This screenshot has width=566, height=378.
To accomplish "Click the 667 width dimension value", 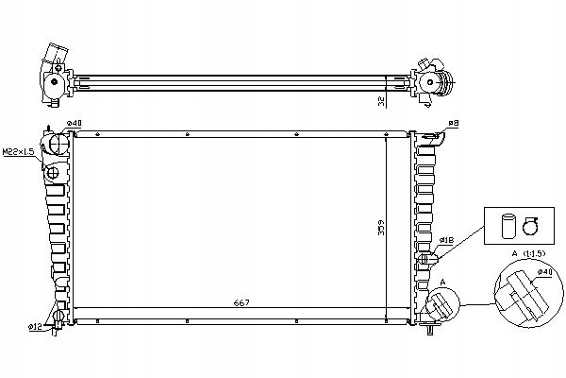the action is pyautogui.click(x=241, y=302).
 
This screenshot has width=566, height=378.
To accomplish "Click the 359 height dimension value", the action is pyautogui.click(x=381, y=228).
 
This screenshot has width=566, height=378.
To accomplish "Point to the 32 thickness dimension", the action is pyautogui.click(x=381, y=101).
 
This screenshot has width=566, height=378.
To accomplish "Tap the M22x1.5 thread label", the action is pyautogui.click(x=19, y=151).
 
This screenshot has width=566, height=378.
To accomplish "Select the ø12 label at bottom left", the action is pyautogui.click(x=35, y=327).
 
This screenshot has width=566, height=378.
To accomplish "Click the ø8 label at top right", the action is pyautogui.click(x=454, y=123).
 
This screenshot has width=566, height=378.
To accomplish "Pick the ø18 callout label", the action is pyautogui.click(x=446, y=240).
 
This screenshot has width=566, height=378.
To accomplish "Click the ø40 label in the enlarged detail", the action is pyautogui.click(x=544, y=271).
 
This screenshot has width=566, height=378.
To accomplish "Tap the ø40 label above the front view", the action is pyautogui.click(x=74, y=123).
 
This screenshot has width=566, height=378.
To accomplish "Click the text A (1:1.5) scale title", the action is pyautogui.click(x=528, y=253).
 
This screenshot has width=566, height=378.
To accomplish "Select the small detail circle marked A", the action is pyautogui.click(x=443, y=304).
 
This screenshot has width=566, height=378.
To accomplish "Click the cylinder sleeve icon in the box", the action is pyautogui.click(x=509, y=227).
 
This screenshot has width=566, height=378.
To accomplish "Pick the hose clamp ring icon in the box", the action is pyautogui.click(x=530, y=227).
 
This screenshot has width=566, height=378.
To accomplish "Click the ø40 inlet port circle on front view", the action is pyautogui.click(x=59, y=144).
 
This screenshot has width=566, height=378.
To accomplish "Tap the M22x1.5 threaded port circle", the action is pyautogui.click(x=53, y=173).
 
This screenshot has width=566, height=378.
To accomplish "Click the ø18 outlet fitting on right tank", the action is pyautogui.click(x=427, y=259).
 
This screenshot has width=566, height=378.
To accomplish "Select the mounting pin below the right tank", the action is pyautogui.click(x=430, y=329).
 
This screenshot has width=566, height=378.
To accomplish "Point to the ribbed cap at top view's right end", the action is pyautogui.click(x=447, y=82).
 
